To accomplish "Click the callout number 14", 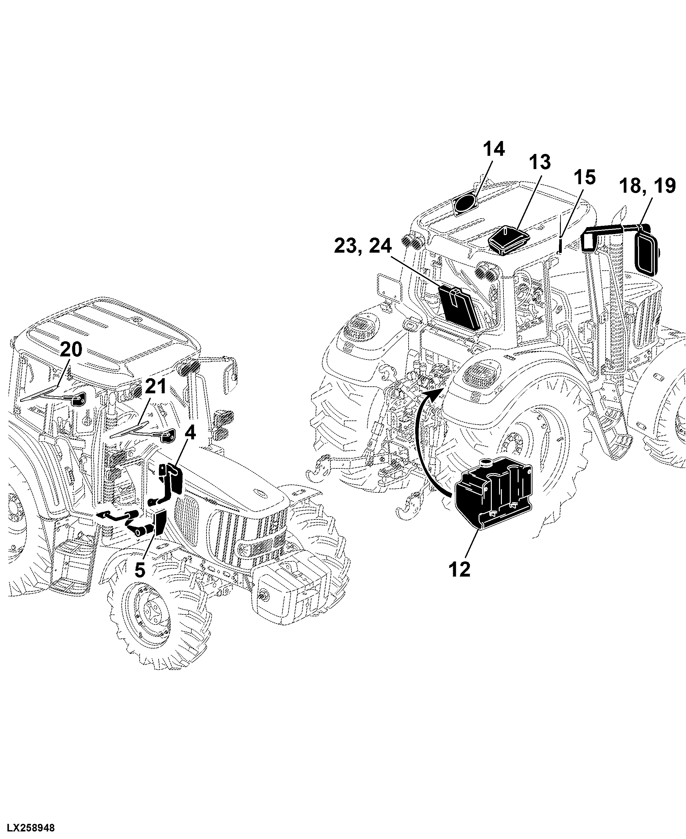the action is tap(494, 149).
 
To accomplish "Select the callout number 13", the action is tap(539, 162).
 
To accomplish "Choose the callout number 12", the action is tap(460, 569).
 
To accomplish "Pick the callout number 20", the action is tap(71, 350).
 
